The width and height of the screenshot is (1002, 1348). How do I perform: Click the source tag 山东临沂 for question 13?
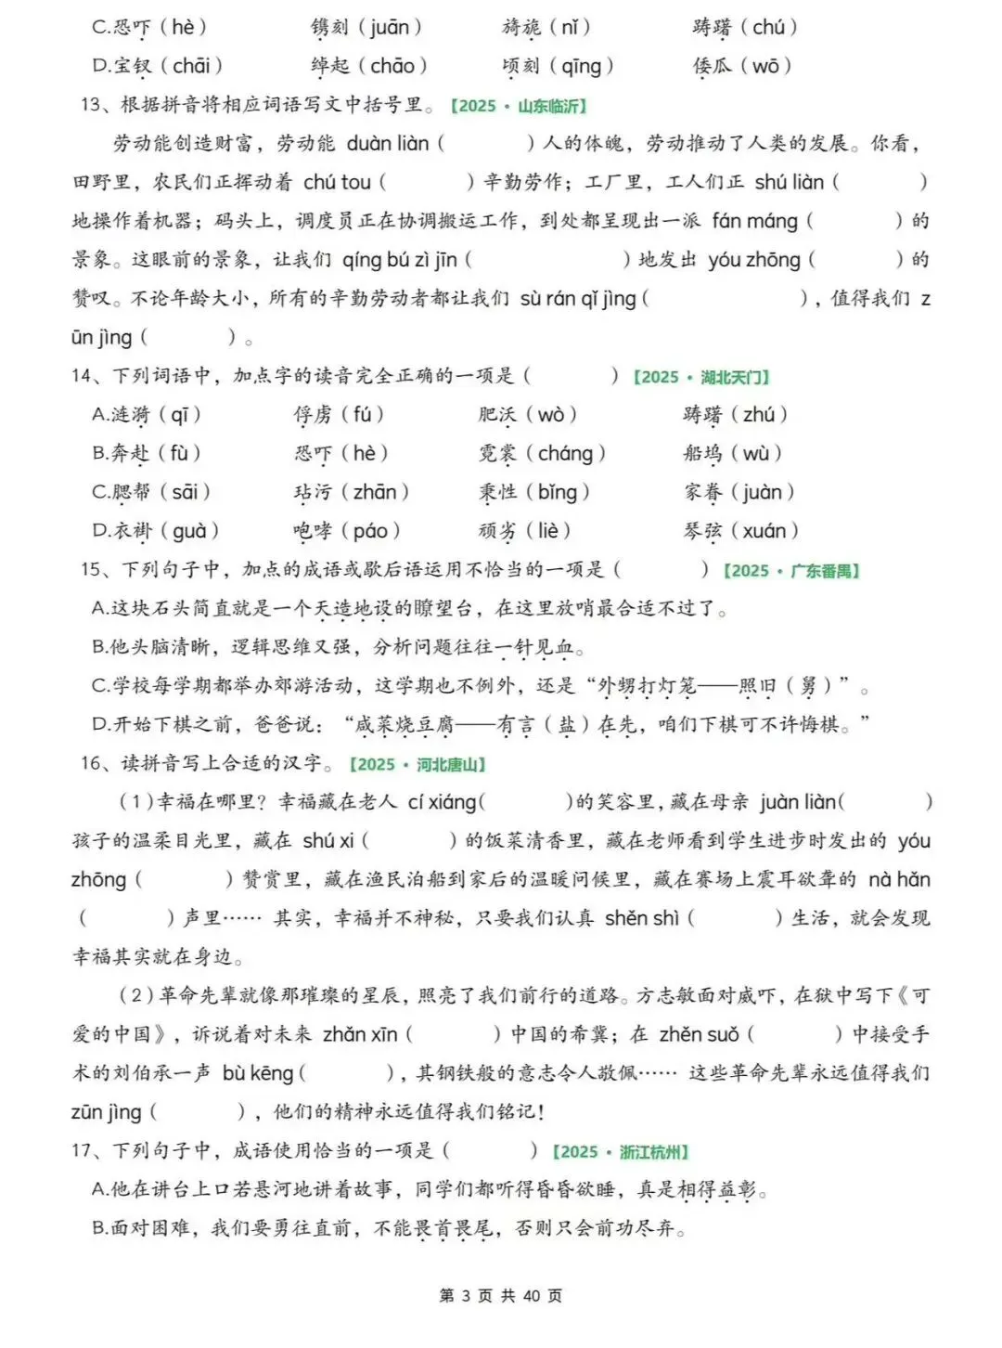coord(519,106)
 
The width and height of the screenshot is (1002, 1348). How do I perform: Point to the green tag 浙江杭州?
coord(621,1152)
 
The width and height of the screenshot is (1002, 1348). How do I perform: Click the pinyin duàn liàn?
coord(388,144)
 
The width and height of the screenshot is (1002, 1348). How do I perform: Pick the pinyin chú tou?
coord(337,183)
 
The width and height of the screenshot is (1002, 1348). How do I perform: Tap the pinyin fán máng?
coord(754,221)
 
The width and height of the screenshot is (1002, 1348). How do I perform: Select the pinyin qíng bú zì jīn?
coord(400,260)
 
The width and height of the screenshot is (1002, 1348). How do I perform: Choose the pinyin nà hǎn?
coord(899,879)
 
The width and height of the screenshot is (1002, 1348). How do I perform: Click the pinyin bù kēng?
coord(258,1073)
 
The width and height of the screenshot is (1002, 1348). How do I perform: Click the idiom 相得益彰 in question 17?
coord(717,1190)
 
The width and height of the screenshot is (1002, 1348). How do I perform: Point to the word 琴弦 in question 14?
coord(702,531)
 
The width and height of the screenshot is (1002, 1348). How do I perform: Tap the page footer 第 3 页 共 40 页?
coord(500,1296)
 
